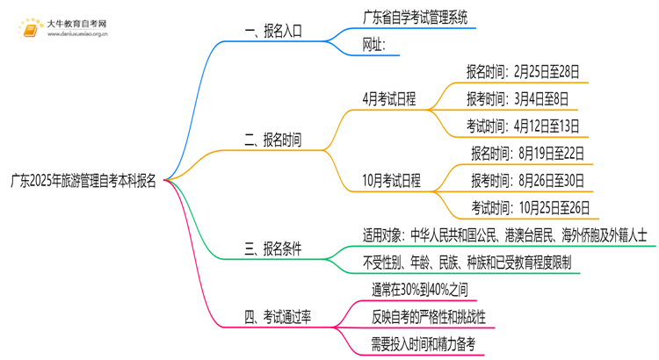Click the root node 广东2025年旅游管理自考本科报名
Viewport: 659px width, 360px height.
[83, 181]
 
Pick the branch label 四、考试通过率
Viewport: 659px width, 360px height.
[278, 317]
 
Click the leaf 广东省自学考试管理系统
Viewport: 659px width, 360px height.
[415, 17]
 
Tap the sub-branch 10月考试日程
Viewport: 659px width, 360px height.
[392, 181]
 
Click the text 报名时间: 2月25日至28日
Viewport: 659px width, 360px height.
[523, 71]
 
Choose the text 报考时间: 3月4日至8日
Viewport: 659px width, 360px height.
[518, 98]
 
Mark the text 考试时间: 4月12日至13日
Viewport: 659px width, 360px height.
[523, 126]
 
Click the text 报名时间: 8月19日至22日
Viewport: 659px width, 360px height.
[526, 153]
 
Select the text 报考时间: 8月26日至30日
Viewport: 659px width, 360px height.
[526, 181]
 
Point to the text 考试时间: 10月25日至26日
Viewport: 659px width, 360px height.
[530, 208]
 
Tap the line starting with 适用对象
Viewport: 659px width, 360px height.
[504, 234]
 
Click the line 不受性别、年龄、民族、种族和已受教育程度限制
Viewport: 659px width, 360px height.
[467, 263]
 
